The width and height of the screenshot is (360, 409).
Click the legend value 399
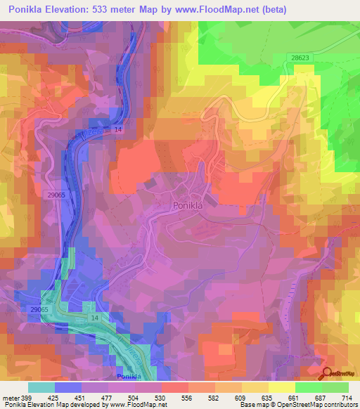pyautogui.click(x=26, y=398)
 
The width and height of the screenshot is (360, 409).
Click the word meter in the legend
pyautogui.click(x=10, y=398)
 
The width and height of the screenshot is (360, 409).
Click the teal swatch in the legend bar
pyautogui.click(x=41, y=387)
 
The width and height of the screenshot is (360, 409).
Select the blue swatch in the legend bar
pyautogui.click(x=68, y=387)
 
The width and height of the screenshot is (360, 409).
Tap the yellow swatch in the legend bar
pyautogui.click(x=281, y=387)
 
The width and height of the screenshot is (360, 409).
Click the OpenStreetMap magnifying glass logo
pyautogui.click(x=328, y=373)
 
